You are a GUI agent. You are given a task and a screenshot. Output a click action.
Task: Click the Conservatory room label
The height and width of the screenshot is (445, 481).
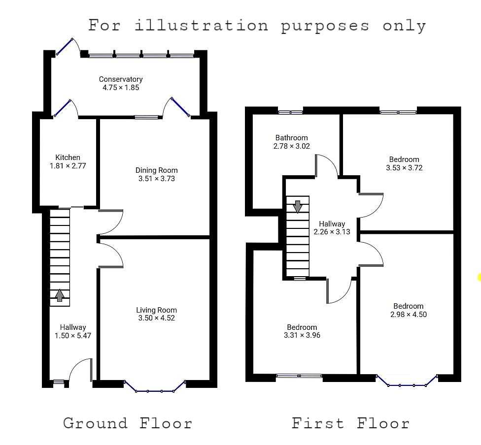pos(121,79)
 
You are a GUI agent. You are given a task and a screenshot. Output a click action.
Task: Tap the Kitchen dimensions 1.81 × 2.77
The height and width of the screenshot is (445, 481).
pos(68,166)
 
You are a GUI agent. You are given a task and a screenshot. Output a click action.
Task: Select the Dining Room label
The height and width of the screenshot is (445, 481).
pos(156,170)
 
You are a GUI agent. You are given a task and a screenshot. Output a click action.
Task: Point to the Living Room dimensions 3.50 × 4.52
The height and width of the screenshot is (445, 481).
pos(156,318)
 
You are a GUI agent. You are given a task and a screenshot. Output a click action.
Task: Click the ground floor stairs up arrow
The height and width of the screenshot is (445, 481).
pos(60,296)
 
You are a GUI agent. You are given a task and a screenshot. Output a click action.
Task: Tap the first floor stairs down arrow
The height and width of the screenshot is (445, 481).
pos(297,207)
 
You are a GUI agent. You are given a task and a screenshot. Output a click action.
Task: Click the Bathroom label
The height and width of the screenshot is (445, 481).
pos(291,138)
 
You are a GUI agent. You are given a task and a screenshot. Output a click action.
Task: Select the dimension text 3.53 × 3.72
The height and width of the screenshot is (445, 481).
pos(404,168)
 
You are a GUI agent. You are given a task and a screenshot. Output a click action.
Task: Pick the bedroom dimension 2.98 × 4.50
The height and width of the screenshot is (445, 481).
pos(408,315)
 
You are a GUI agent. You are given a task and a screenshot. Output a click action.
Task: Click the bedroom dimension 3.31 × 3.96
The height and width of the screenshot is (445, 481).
pos(302,335)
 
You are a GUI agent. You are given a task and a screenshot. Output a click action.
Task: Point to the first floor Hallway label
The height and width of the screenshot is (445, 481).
pos(332,223)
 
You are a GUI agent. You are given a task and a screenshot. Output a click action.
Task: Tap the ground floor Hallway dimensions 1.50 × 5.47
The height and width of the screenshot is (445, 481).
pos(73,336)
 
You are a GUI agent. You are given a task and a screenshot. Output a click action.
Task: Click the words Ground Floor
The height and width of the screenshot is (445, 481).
pos(127,423)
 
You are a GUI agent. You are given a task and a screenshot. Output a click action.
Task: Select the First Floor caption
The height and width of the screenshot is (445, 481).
pos(350,423)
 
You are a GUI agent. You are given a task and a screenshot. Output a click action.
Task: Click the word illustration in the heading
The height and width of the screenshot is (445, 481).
pos(201,25)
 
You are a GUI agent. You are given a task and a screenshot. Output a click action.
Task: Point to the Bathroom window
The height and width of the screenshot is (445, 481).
pos(290,112)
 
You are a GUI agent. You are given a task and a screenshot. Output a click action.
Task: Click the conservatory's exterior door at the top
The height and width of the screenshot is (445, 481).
pos(64,47)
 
